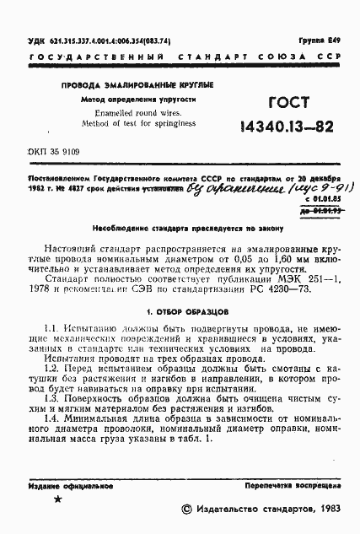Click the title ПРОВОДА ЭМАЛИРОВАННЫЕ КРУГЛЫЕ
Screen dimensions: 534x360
click(x=136, y=85)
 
